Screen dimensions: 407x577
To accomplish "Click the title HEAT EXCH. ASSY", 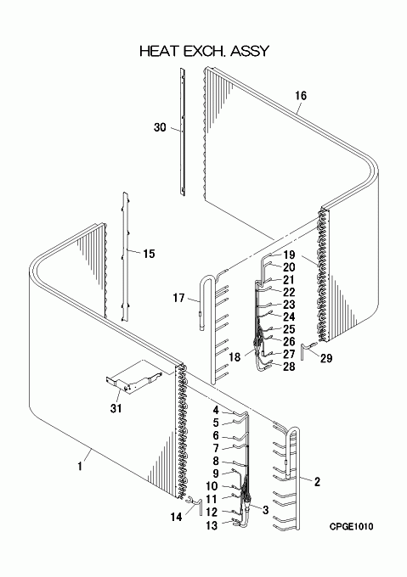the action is click(205, 51).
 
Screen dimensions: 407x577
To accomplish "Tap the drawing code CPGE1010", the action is click(351, 527).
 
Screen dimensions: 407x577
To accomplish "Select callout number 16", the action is click(301, 96).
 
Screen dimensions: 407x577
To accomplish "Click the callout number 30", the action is click(160, 127).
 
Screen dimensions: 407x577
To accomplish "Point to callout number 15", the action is click(150, 254).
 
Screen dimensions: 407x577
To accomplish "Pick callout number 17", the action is click(178, 298).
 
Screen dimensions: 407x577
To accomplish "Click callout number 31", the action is click(116, 408).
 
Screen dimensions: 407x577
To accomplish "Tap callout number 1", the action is click(80, 466).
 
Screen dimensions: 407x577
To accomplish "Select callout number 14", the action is click(176, 517).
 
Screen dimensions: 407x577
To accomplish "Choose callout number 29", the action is click(326, 358).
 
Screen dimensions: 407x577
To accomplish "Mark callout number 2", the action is click(317, 482).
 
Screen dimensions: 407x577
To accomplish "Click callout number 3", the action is click(266, 510).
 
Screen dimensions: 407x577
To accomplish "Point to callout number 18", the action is click(235, 356).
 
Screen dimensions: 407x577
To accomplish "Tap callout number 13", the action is click(212, 526).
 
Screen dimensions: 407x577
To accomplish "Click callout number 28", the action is click(289, 367).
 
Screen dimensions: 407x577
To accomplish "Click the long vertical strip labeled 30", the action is click(182, 132).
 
